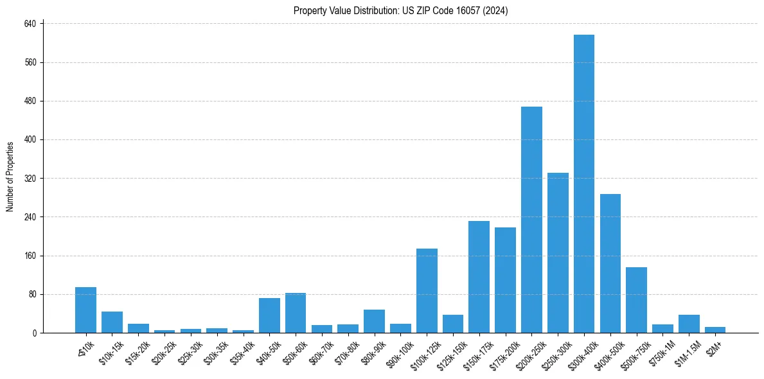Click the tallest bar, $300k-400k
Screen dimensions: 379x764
[583, 184]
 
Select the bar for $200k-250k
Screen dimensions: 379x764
[531, 220]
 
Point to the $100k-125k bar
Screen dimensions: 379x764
[427, 290]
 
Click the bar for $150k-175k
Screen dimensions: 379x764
[479, 277]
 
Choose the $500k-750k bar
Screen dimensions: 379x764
[636, 300]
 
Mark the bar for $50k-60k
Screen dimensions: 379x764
[296, 313]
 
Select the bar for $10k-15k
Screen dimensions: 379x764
[112, 322]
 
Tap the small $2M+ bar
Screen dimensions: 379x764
[715, 330]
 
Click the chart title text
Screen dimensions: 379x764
[401, 11]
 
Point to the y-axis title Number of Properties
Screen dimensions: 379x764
[10, 177]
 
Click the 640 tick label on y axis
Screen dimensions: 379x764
[30, 24]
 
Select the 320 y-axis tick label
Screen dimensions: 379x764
[30, 179]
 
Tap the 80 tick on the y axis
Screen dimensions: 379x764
[32, 294]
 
